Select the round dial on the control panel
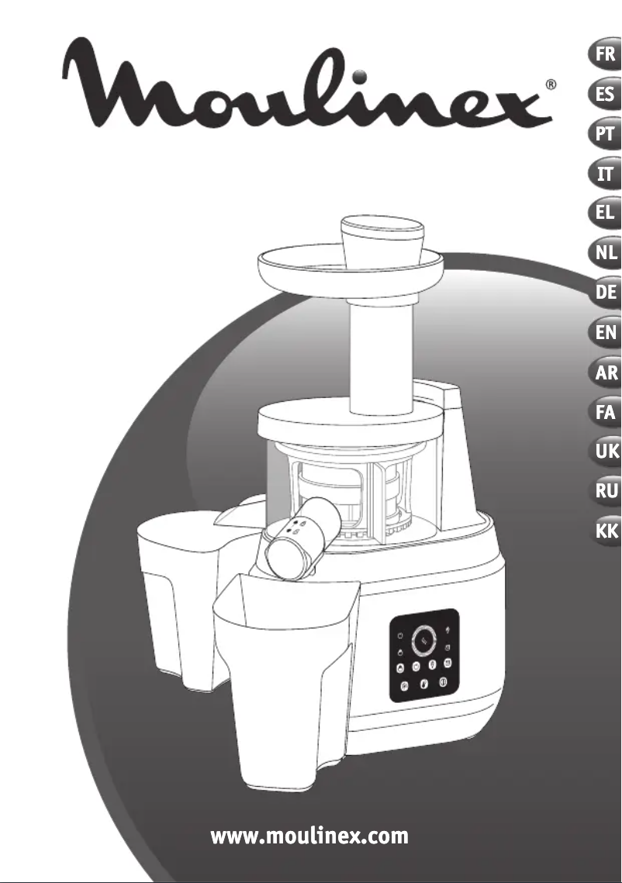tap(423, 639)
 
